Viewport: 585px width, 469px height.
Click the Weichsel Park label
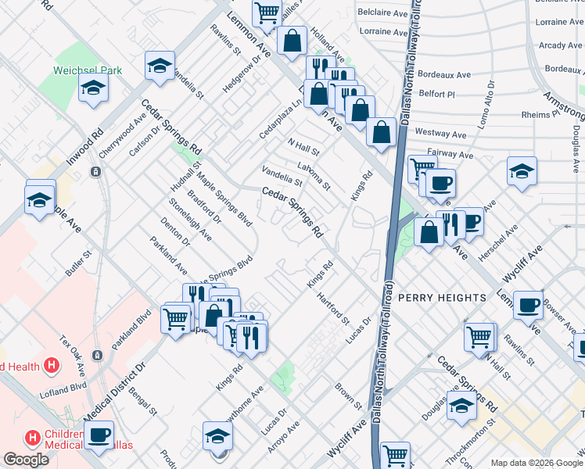click(x=87, y=70)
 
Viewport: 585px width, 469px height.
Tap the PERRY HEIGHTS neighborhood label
click(x=442, y=298)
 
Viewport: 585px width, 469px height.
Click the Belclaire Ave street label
click(x=382, y=13)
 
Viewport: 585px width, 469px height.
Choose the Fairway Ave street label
click(x=450, y=155)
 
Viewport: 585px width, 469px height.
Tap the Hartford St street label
click(x=333, y=308)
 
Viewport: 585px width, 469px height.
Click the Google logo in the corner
click(x=26, y=460)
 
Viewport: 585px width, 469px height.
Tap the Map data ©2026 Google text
click(x=537, y=463)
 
